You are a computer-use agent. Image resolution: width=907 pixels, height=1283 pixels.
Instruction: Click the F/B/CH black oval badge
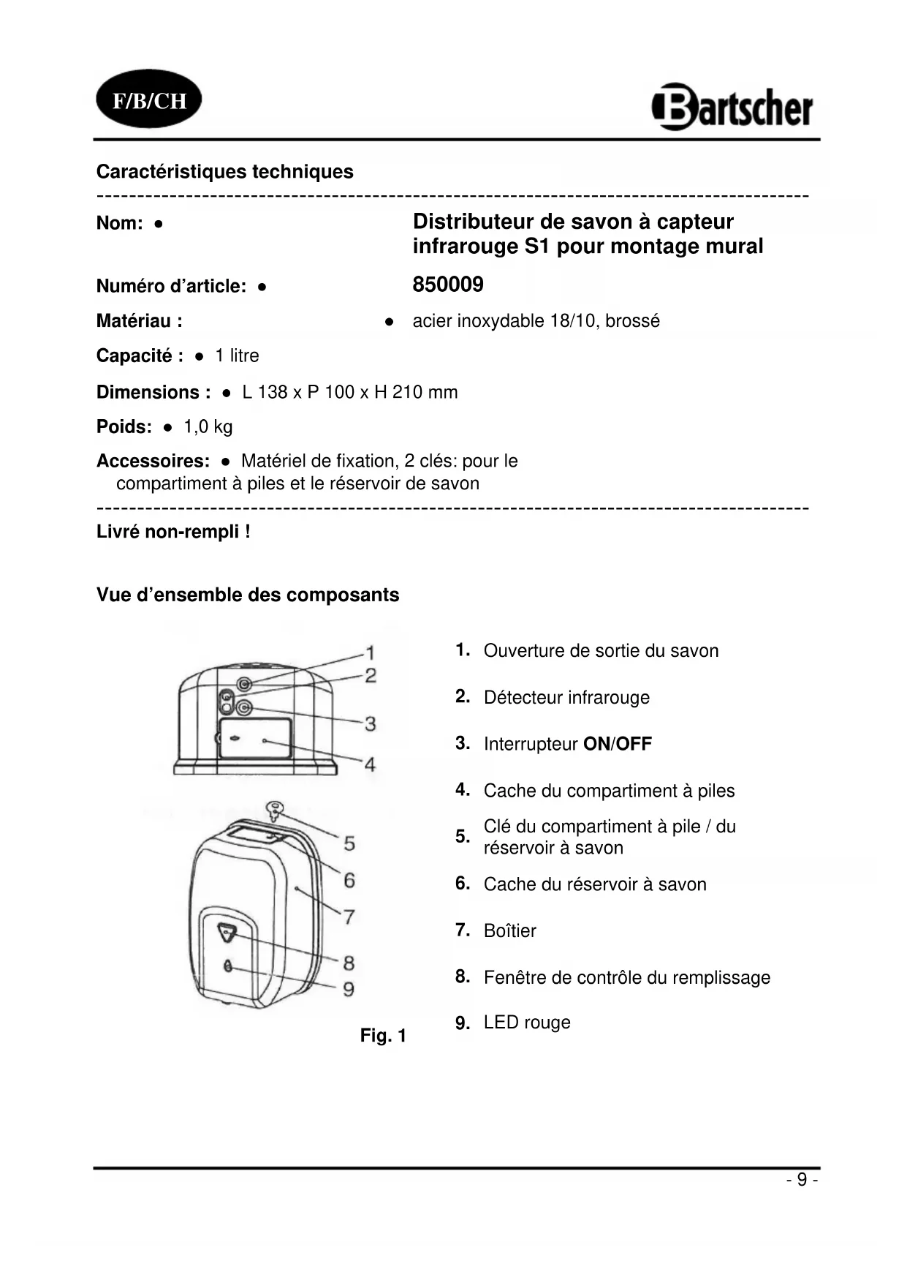click(x=149, y=100)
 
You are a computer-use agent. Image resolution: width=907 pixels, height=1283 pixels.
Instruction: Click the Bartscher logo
click(x=732, y=108)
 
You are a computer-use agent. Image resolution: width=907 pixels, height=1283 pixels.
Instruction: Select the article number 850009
click(x=448, y=285)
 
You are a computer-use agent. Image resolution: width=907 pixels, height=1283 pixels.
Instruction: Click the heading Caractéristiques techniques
click(x=225, y=172)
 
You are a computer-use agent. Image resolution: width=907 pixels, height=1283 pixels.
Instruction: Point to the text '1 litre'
click(x=237, y=356)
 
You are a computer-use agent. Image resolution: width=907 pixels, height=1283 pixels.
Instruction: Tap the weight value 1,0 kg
click(x=208, y=427)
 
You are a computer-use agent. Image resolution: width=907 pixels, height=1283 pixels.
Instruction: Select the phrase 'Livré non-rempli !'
click(x=173, y=532)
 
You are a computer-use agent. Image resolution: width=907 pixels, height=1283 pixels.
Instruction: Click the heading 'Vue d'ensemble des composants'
click(x=248, y=595)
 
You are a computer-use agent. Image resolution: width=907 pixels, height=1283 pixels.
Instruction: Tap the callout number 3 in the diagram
click(x=371, y=723)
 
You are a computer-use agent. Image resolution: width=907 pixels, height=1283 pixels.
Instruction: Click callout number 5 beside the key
click(x=349, y=843)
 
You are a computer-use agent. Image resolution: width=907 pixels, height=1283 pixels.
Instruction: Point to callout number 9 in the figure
click(x=349, y=989)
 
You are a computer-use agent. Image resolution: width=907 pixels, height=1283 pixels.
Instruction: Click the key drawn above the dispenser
click(x=276, y=810)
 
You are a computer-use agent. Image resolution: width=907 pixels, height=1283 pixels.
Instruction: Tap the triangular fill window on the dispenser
click(x=227, y=931)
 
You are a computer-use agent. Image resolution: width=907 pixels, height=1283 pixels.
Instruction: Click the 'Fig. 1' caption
click(x=383, y=1036)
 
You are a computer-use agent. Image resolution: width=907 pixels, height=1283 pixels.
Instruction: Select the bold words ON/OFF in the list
click(x=618, y=745)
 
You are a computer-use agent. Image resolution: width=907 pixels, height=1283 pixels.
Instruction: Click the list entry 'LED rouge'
click(x=527, y=1023)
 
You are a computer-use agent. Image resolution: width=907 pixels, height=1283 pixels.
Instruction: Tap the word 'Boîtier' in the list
click(x=510, y=931)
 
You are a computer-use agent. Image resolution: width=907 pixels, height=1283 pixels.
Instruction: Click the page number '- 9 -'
click(x=802, y=1180)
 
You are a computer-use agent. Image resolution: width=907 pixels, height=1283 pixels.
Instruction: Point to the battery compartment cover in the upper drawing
click(x=255, y=739)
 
